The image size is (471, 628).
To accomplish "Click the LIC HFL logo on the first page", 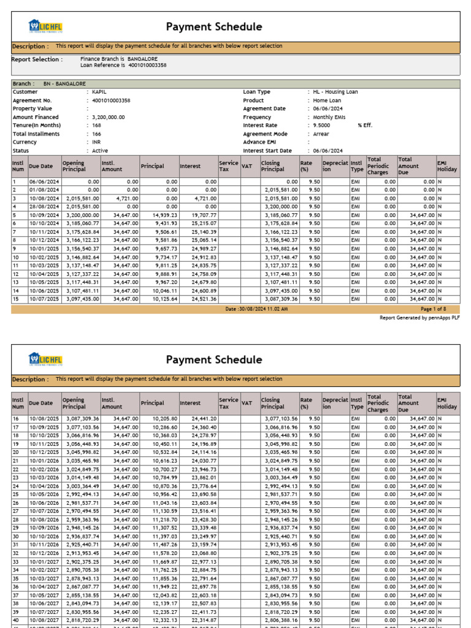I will [x=45, y=26].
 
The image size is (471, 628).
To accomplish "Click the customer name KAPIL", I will [x=99, y=92].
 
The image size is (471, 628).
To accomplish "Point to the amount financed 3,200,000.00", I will [x=109, y=117].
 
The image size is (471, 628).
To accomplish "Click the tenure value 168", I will [x=96, y=125].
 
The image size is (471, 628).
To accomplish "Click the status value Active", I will [x=100, y=150].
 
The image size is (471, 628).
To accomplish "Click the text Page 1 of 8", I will [x=434, y=309].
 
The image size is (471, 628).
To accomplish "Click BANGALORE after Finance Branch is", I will [x=142, y=58].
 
